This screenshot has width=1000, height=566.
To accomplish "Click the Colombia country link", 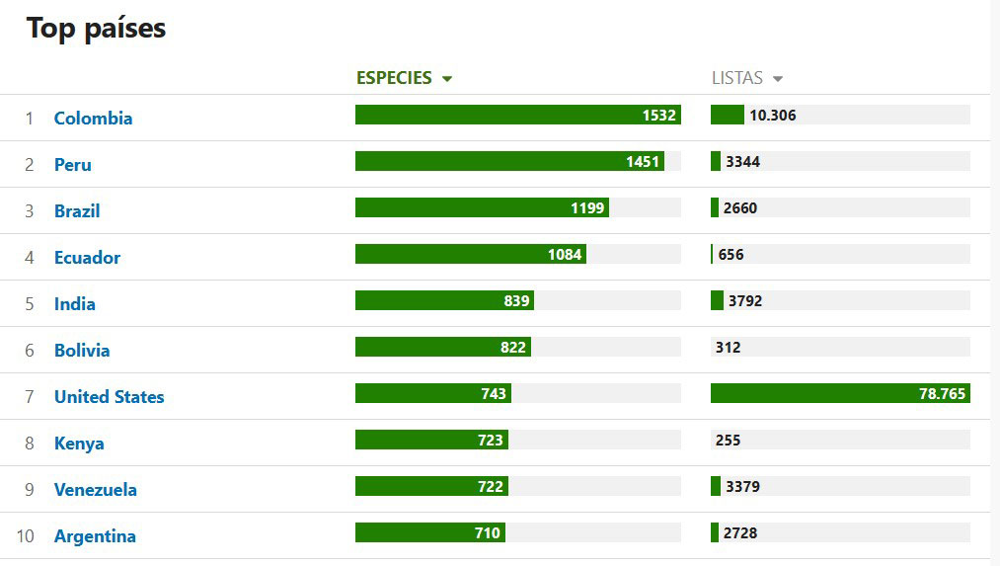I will (x=93, y=119).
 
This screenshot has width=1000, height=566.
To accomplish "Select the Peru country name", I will (x=72, y=165).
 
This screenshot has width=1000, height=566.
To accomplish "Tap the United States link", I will (x=109, y=397).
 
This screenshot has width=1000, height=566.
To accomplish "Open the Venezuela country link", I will (x=95, y=490).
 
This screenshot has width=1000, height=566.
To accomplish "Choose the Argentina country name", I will (x=95, y=536).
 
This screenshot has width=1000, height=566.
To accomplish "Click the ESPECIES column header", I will (x=394, y=78).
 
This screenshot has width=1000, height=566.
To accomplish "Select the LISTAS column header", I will (x=737, y=78).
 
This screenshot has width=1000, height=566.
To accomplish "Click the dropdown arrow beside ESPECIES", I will (x=447, y=79).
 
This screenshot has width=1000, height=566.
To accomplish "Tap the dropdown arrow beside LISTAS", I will (x=778, y=79).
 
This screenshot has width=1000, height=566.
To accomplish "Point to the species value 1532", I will (x=658, y=116).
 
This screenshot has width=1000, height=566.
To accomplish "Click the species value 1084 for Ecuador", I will (x=565, y=255).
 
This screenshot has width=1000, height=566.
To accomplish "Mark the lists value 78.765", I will (x=942, y=394).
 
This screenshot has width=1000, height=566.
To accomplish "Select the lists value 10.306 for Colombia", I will (x=772, y=116).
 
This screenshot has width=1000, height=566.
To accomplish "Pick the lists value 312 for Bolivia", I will (x=728, y=348).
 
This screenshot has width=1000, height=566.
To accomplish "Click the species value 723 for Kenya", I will (x=490, y=441).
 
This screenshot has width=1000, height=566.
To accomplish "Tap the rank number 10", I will (x=26, y=536).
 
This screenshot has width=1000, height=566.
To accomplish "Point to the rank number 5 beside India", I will (x=30, y=304).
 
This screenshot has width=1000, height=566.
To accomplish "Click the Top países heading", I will (x=96, y=29).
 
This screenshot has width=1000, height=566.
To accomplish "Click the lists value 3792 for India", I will (x=744, y=301).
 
